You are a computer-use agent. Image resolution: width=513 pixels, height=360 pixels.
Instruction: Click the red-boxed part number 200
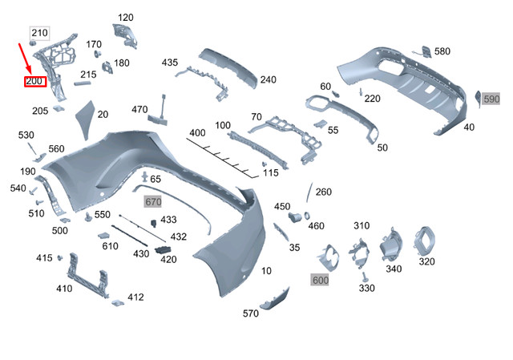36,81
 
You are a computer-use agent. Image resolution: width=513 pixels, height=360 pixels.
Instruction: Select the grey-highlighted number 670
152,200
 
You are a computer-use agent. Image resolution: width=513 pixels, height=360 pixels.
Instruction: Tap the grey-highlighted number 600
321,279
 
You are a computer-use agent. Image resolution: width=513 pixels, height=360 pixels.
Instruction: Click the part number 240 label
268,79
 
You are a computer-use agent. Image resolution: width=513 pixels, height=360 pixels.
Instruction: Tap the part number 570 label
250,313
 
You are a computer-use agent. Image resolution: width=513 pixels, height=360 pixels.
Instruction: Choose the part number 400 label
197,132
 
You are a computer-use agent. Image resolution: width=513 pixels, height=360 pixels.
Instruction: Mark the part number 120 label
126,18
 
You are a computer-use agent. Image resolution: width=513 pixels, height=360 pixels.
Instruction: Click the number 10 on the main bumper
266,271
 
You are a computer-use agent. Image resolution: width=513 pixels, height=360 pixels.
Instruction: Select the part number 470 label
139,109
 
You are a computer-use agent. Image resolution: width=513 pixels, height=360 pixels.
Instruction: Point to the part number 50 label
382,148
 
